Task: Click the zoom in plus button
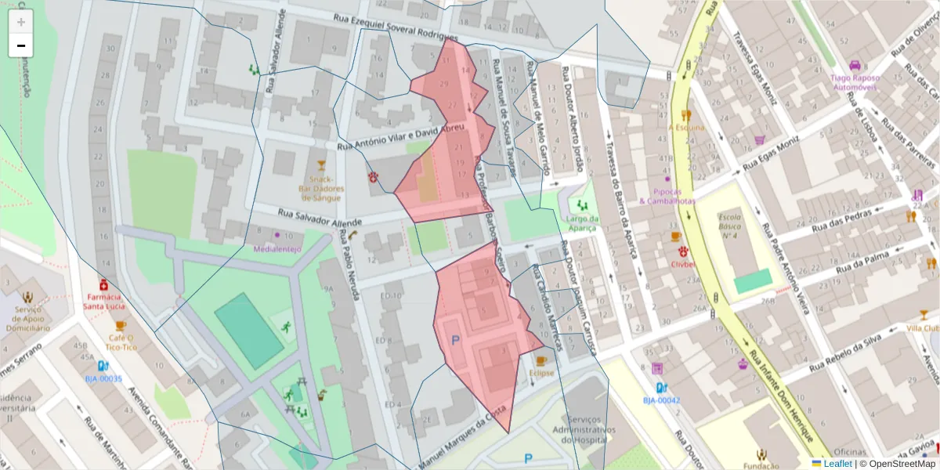pos(21,22)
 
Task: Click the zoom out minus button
pos(21,45)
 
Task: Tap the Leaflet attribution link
pos(837,464)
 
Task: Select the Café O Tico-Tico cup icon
pos(121,326)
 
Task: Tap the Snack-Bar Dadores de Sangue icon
pos(320,165)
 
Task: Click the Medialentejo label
pos(278,248)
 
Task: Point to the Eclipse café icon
pos(540,360)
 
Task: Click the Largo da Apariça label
pos(580,223)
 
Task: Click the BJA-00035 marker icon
pos(103,366)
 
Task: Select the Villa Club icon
pos(924,315)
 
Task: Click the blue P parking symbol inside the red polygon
pos(456,341)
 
